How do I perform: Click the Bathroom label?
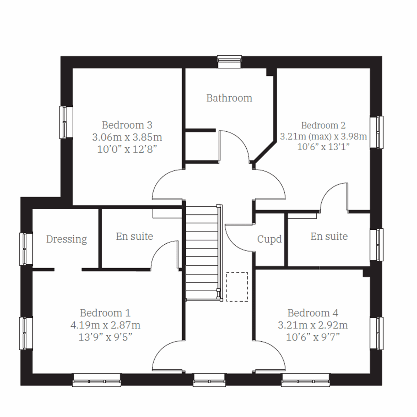229,98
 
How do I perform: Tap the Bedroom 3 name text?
127,125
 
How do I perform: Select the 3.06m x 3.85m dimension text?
127,137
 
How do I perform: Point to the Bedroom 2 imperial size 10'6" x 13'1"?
323,147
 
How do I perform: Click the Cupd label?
269,239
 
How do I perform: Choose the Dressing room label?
66,239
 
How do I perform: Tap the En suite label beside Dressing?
134,236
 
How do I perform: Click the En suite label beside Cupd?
329,236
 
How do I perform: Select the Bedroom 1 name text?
105,313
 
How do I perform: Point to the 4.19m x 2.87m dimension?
105,325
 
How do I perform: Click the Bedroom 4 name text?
313,313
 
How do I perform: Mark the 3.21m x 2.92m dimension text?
313,325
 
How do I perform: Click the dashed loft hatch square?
237,287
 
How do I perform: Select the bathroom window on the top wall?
229,62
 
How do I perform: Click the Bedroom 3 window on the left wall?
66,122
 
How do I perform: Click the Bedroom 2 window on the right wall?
377,132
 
